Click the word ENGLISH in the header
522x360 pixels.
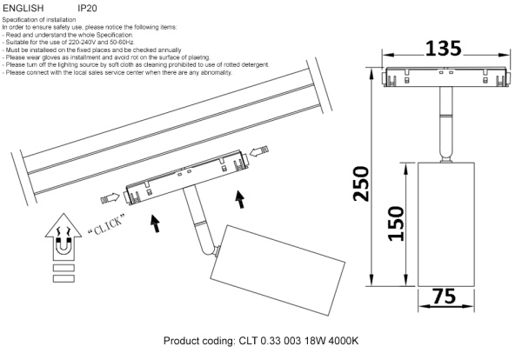[23, 7]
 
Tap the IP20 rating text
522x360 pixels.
[90, 7]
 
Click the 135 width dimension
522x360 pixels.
[445, 49]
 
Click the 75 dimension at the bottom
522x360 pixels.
[445, 297]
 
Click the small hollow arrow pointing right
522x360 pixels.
[111, 198]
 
